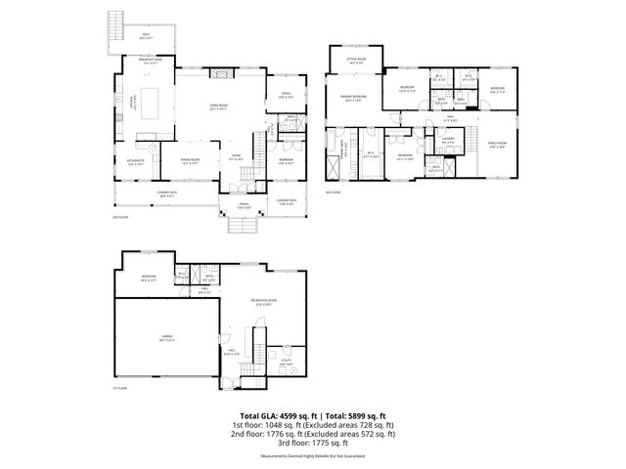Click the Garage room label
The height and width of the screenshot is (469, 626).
[x=167, y=339]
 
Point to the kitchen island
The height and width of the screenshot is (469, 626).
[x=152, y=100]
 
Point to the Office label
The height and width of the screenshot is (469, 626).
[x=286, y=96]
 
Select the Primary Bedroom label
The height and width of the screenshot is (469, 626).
[x=353, y=99]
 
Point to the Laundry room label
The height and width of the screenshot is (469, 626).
[x=448, y=140]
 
